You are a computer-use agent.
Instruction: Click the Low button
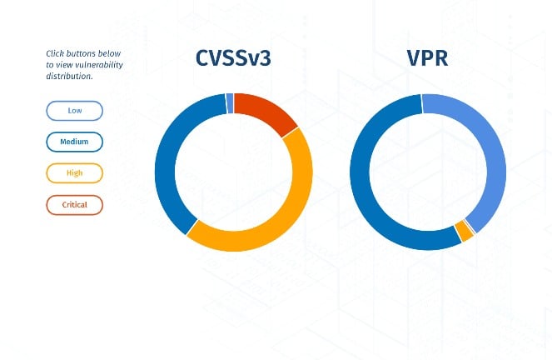point(74,111)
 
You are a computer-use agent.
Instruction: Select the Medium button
point(74,142)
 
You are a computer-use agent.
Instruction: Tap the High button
point(74,173)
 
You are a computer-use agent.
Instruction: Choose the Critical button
point(74,204)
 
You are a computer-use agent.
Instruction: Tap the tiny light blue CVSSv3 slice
point(230,103)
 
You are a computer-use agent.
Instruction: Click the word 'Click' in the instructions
point(55,54)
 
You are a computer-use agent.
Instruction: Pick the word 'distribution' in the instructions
point(68,76)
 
